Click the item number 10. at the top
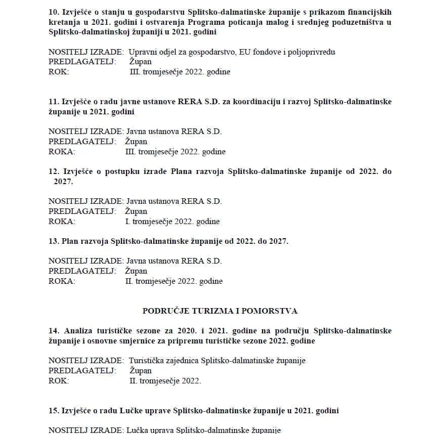[x=53, y=12]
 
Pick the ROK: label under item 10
[x=59, y=72]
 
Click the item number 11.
[x=53, y=102]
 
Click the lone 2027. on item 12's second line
[x=63, y=181]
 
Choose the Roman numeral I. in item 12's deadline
[x=127, y=222]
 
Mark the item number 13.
[x=53, y=241]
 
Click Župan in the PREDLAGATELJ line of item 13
[x=136, y=271]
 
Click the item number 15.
[x=53, y=411]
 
